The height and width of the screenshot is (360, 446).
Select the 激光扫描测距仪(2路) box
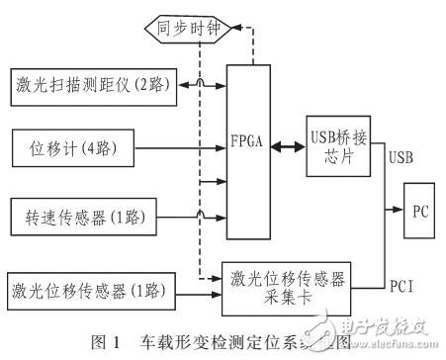90,86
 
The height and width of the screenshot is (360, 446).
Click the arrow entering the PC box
396,211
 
